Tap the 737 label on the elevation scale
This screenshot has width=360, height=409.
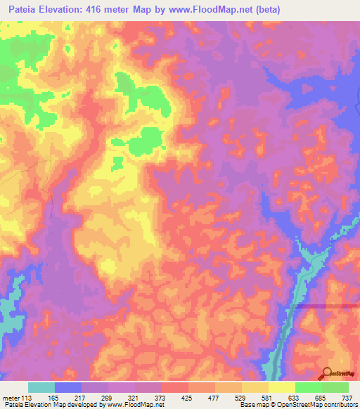[x=348, y=398]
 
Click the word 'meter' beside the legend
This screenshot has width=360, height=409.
[x=11, y=398]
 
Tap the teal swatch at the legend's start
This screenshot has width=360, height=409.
[x=41, y=387]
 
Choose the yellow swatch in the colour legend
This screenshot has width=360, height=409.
[x=281, y=387]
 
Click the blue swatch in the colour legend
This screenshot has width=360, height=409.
[x=68, y=387]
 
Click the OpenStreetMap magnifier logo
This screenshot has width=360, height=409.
[x=328, y=375]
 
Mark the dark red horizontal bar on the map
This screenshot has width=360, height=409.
[x=326, y=306]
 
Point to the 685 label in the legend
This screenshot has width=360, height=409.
[x=321, y=398]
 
